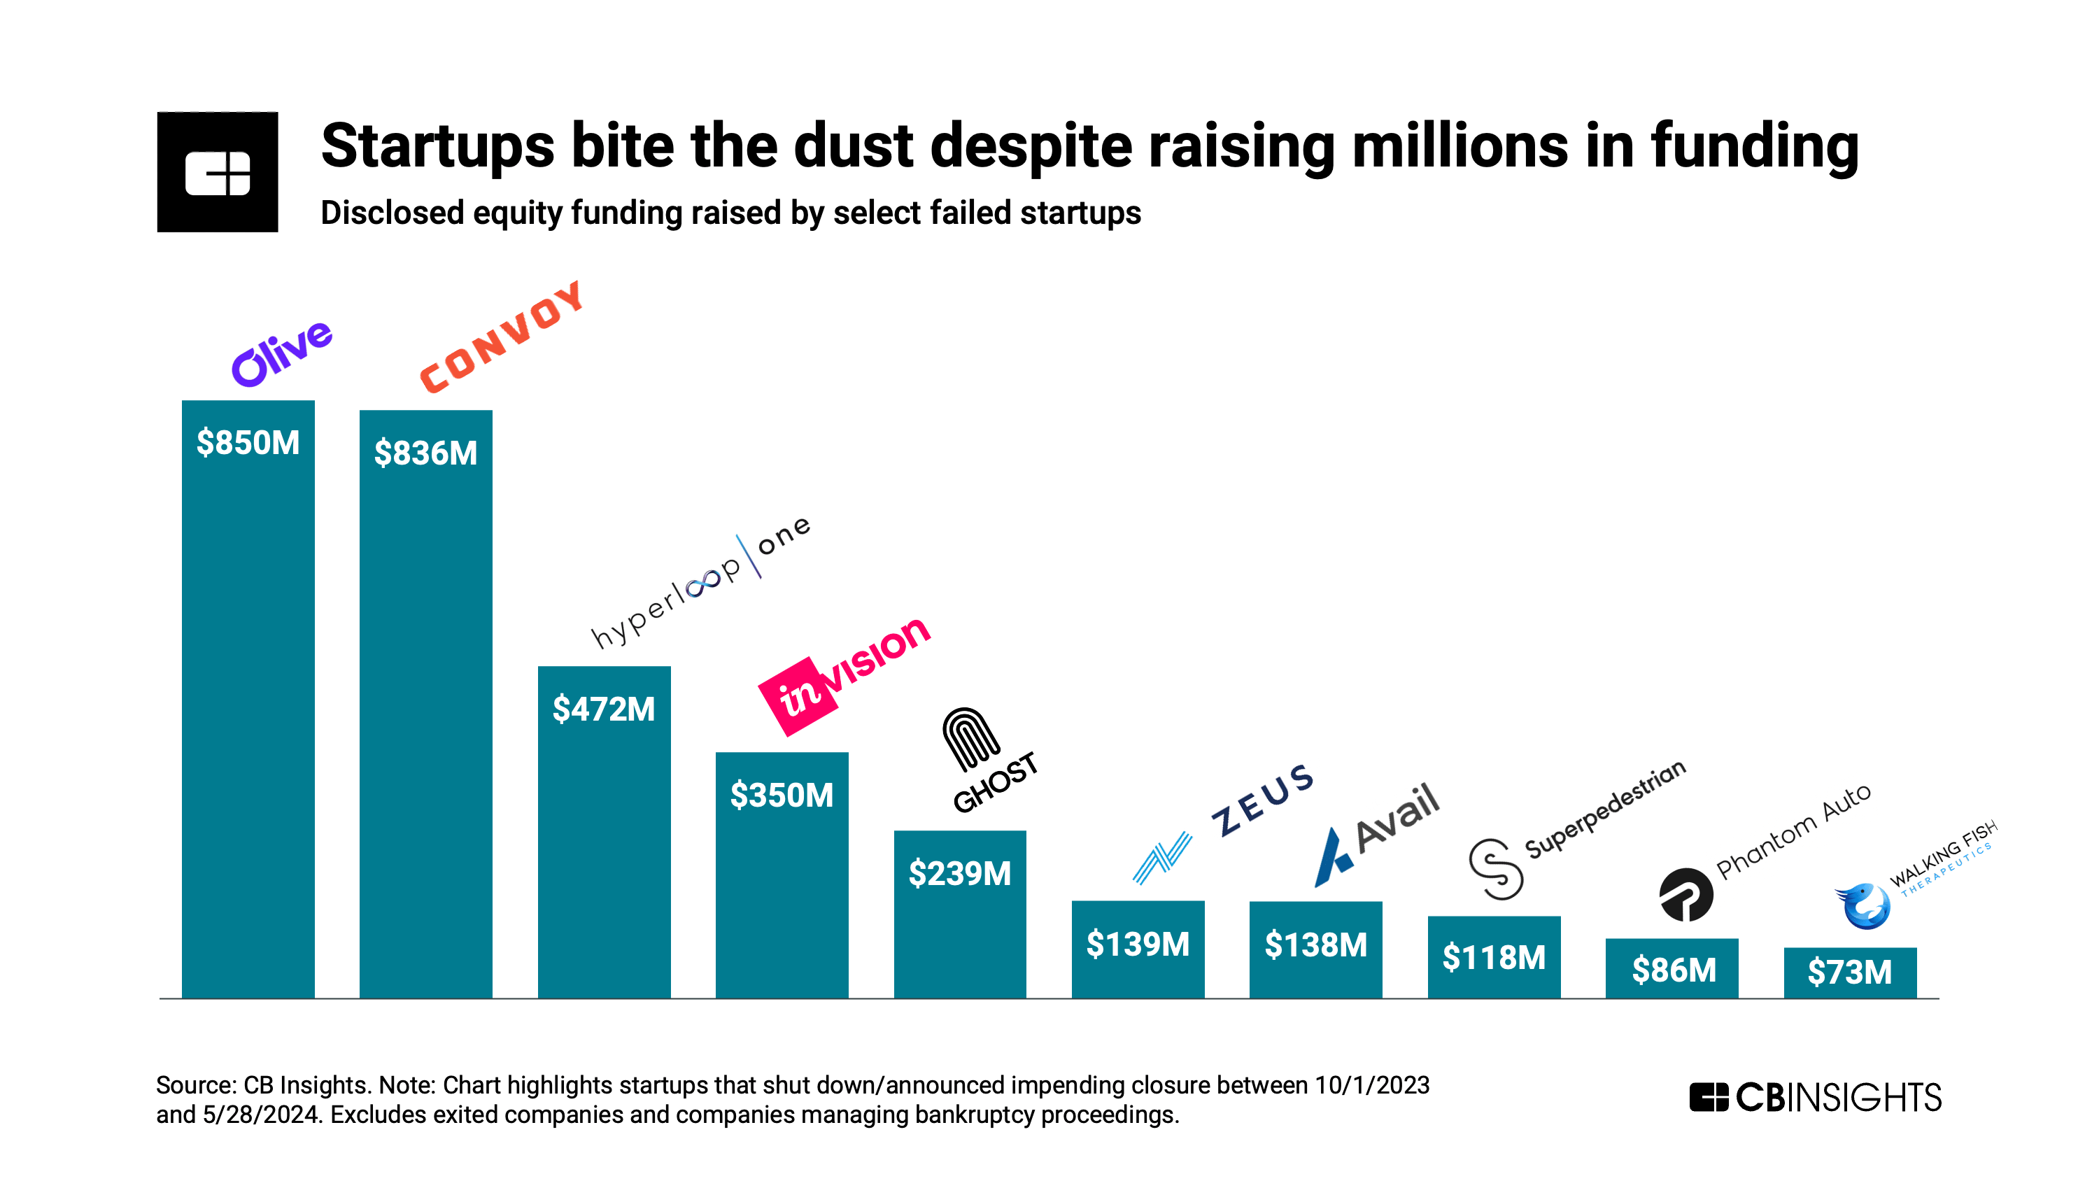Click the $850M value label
pyautogui.click(x=248, y=443)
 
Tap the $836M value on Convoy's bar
pyautogui.click(x=425, y=453)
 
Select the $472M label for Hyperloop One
pyautogui.click(x=604, y=709)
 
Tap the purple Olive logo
pyautogui.click(x=282, y=353)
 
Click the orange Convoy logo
pyautogui.click(x=502, y=337)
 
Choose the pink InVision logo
pyautogui.click(x=843, y=676)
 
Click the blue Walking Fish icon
pyautogui.click(x=1863, y=905)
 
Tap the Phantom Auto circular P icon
pyautogui.click(x=1686, y=895)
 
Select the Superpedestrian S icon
pyautogui.click(x=1496, y=870)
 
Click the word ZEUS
pyautogui.click(x=1262, y=800)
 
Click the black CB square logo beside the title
pyautogui.click(x=218, y=172)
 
